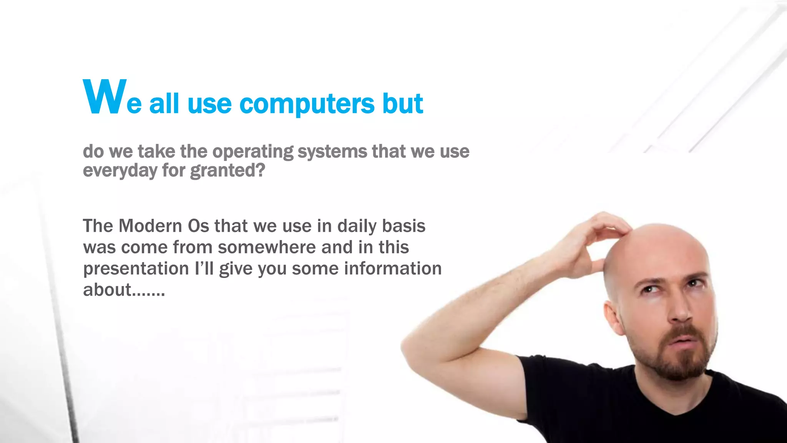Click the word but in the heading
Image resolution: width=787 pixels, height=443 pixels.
click(x=402, y=104)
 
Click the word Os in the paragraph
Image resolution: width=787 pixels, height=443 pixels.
click(x=198, y=226)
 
